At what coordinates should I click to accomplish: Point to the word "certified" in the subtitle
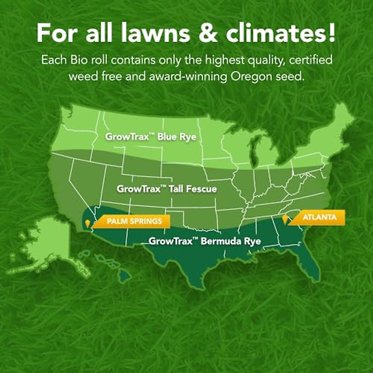(x=311, y=60)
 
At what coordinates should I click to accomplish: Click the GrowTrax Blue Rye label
(x=151, y=137)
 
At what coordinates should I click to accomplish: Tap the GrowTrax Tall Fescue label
(x=167, y=189)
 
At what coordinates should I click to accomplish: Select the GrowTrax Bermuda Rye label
(x=205, y=241)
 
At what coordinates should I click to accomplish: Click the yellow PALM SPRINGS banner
(x=134, y=221)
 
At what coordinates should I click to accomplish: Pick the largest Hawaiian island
(x=125, y=275)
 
